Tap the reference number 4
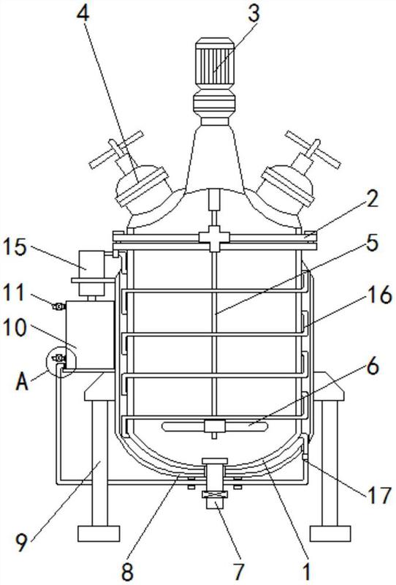[x=83, y=14]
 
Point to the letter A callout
[x=23, y=381]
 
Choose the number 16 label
[x=380, y=295]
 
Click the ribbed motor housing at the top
[x=215, y=63]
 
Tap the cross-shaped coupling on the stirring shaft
[x=215, y=238]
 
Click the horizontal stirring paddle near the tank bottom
[x=215, y=426]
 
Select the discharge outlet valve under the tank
[x=214, y=484]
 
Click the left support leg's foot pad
[x=99, y=534]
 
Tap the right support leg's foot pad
[x=330, y=534]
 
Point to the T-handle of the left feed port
[x=116, y=149]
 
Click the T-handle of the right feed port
[x=313, y=149]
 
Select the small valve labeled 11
[x=58, y=306]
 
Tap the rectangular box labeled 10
[x=90, y=335]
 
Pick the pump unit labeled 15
[x=92, y=273]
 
